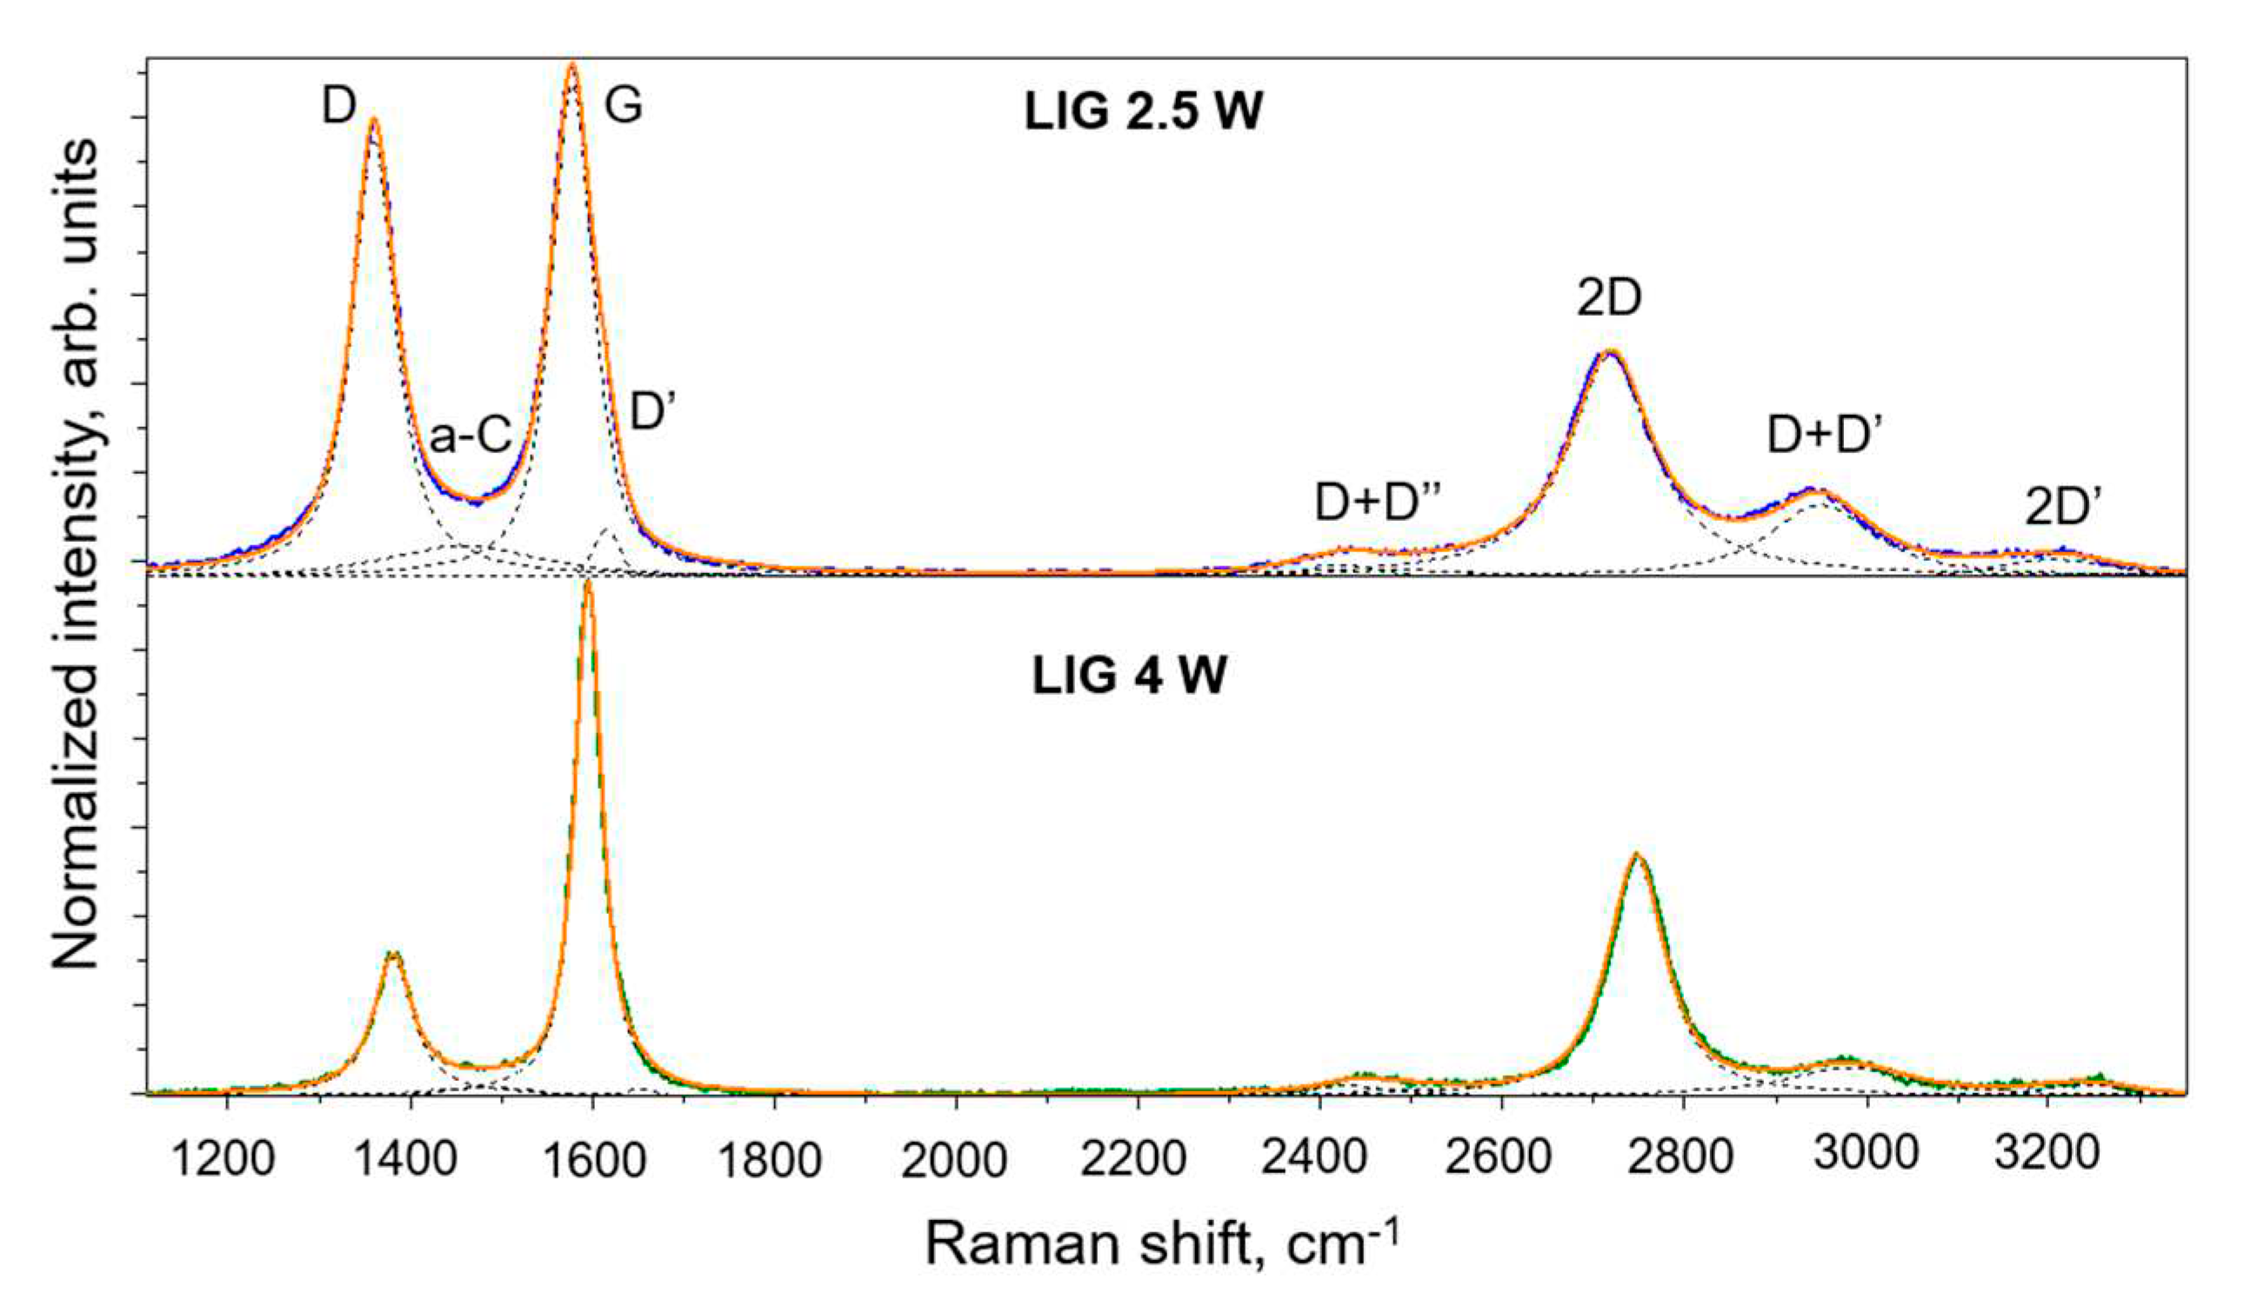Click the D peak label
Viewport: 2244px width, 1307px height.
338,109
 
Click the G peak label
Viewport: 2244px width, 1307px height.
624,107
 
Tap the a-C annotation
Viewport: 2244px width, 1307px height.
471,437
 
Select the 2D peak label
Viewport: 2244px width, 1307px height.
1610,300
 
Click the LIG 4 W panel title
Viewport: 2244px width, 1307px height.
1129,677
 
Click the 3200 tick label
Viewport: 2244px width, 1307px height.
2047,1156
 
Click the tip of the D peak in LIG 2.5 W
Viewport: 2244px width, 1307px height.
373,118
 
